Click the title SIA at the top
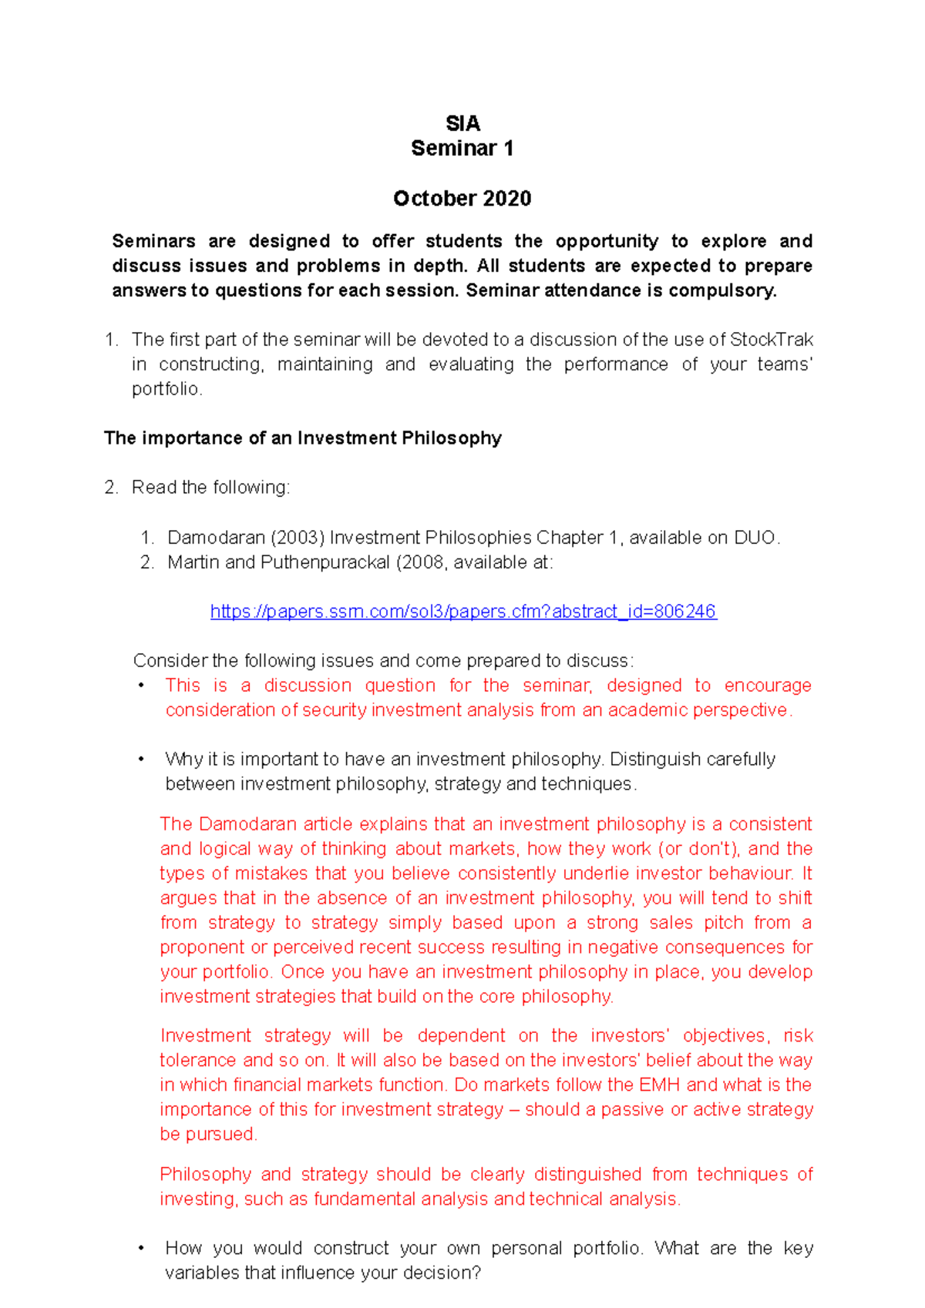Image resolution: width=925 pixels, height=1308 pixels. tap(462, 123)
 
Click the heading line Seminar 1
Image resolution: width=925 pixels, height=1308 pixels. tap(462, 148)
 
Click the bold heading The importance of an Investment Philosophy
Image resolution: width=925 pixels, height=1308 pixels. tap(303, 438)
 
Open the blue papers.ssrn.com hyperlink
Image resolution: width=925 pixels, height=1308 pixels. tap(463, 612)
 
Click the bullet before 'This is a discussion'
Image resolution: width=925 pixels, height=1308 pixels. tap(141, 686)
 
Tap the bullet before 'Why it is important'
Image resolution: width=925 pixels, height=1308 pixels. tap(141, 760)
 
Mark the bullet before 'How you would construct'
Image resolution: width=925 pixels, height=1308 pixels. tap(141, 1248)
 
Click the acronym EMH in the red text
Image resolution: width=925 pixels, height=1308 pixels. tap(659, 1085)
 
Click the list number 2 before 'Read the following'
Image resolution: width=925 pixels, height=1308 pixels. tap(110, 488)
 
